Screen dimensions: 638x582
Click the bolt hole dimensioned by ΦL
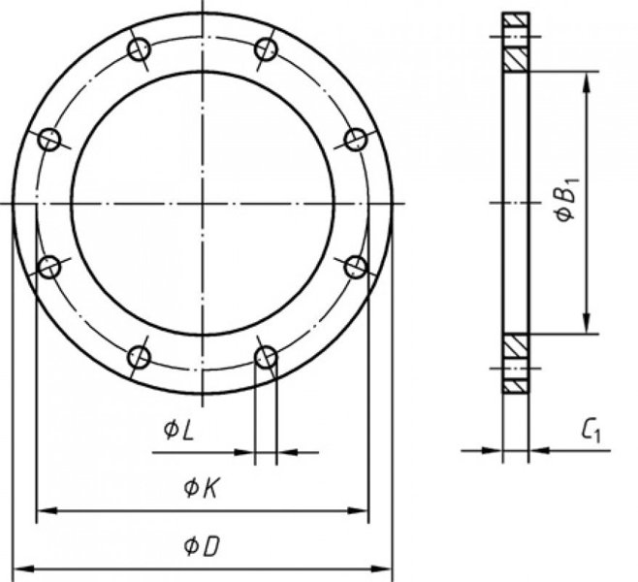click(x=266, y=357)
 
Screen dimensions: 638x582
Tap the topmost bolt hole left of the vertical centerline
click(x=140, y=49)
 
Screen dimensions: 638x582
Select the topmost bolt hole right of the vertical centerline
click(x=266, y=49)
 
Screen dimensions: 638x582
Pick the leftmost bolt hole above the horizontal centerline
click(x=49, y=140)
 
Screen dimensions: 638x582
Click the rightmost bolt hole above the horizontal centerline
click(x=356, y=140)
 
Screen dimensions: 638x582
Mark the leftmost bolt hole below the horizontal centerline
click(x=49, y=268)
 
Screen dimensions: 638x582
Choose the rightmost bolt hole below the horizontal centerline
click(x=356, y=268)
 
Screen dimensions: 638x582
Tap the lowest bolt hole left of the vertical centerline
click(x=140, y=357)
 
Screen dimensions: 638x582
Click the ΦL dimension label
click(x=178, y=431)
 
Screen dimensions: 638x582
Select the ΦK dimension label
click(x=202, y=488)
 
